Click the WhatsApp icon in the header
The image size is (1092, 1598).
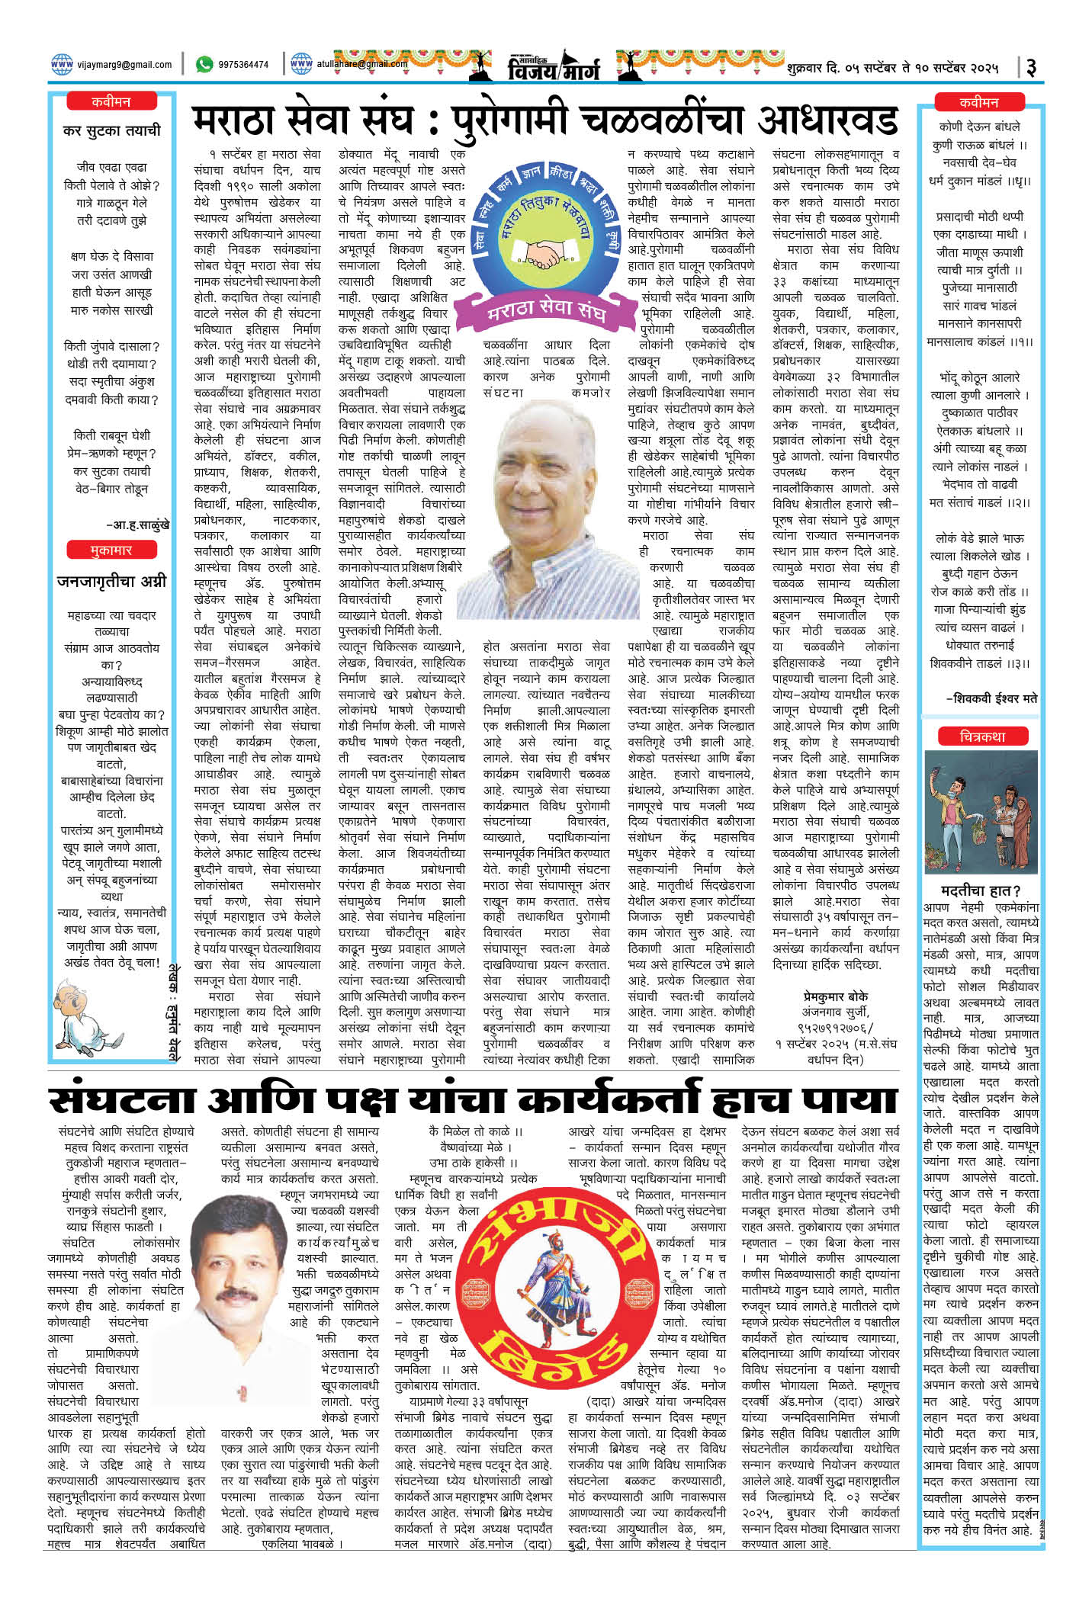click(x=204, y=65)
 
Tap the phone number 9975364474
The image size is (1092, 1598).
click(x=242, y=66)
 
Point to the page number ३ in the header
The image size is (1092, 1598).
click(x=1031, y=67)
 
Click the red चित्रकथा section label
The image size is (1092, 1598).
click(x=982, y=736)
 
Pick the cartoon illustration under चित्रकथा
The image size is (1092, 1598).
click(x=981, y=811)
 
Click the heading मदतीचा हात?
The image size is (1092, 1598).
click(x=982, y=890)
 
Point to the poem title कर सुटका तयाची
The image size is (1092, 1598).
click(x=112, y=130)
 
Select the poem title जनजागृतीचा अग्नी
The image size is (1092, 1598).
click(x=111, y=581)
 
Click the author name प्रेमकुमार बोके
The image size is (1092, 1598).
click(x=835, y=996)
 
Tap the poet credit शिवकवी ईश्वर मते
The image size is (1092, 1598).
click(x=991, y=698)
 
